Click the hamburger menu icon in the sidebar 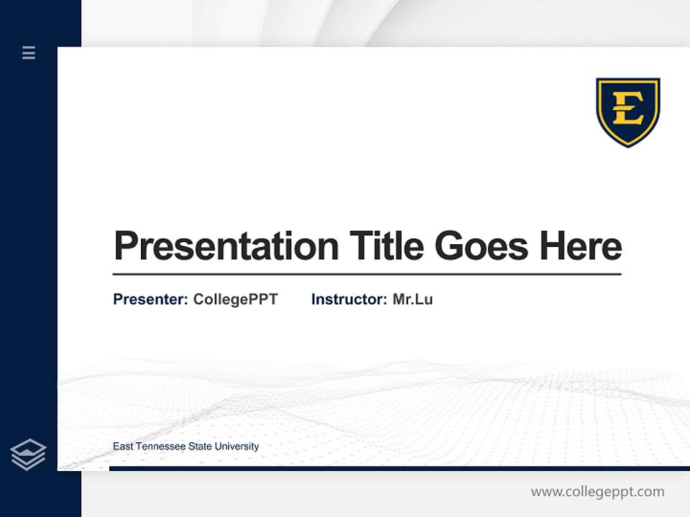tap(29, 52)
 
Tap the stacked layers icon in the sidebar tap(28, 455)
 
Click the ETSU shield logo tap(627, 111)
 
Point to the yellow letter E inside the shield tap(627, 108)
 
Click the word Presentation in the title tap(226, 246)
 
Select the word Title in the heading tap(387, 246)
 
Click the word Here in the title tap(581, 246)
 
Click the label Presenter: tap(150, 299)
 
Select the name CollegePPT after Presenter tap(235, 299)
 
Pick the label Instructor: tap(349, 299)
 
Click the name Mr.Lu tap(413, 299)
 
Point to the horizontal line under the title tap(367, 274)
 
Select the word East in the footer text tap(123, 447)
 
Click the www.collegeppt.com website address tap(597, 492)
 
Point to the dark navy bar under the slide tap(399, 468)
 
